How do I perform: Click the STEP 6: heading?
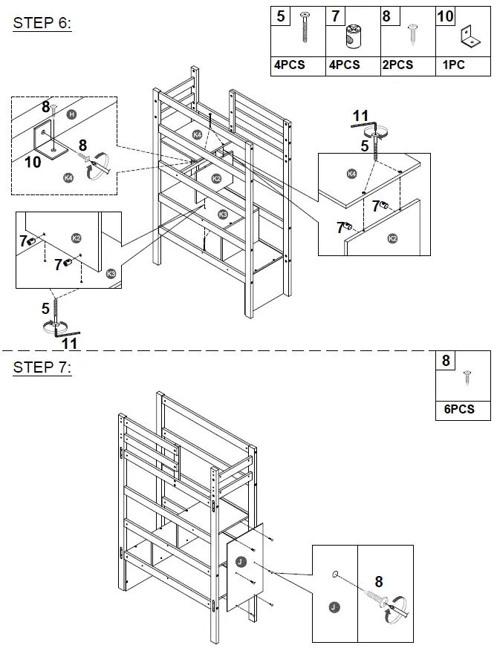42,23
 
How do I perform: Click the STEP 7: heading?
42,367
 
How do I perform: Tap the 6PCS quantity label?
455,409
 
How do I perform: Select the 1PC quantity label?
453,65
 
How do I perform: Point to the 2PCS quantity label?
397,65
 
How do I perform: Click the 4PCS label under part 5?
290,65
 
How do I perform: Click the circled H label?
71,114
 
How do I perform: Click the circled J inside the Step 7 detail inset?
334,607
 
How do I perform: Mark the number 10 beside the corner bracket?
33,161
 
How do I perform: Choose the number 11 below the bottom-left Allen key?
69,344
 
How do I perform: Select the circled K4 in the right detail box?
351,174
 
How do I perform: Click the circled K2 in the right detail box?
393,239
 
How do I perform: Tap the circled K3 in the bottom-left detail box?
111,274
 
